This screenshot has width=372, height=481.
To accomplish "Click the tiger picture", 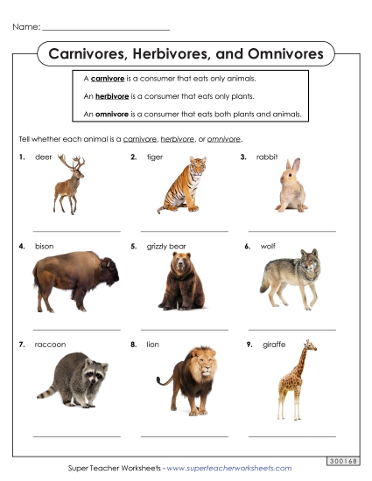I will (x=183, y=185).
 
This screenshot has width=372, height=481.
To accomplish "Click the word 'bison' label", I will (x=45, y=247).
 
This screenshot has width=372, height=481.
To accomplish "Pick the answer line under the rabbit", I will (x=291, y=231).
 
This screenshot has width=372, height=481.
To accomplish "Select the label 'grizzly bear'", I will (x=166, y=247).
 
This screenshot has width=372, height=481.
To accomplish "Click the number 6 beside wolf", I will (x=248, y=247).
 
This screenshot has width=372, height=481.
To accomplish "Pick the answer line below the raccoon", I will (x=76, y=436).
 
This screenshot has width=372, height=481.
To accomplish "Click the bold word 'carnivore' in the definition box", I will (x=111, y=78).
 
